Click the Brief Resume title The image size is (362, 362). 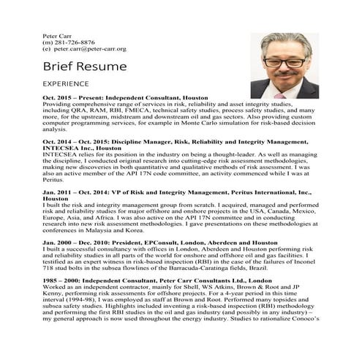[85, 67]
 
